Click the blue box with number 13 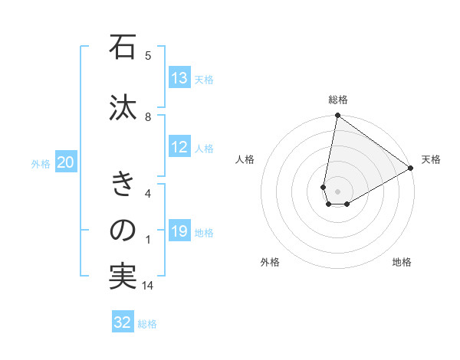coord(179,78)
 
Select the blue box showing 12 coord(179,148)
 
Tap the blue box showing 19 coord(179,232)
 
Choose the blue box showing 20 coord(66,162)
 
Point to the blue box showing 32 coord(123,322)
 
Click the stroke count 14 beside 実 coord(148,286)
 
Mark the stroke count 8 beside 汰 coord(148,116)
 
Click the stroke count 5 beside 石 coord(148,55)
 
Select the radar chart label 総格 coord(337,100)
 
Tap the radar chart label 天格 coord(431,159)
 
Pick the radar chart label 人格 coord(245,159)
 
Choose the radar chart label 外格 coord(270,262)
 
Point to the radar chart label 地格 coord(402,262)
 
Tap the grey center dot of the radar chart coord(337,191)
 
